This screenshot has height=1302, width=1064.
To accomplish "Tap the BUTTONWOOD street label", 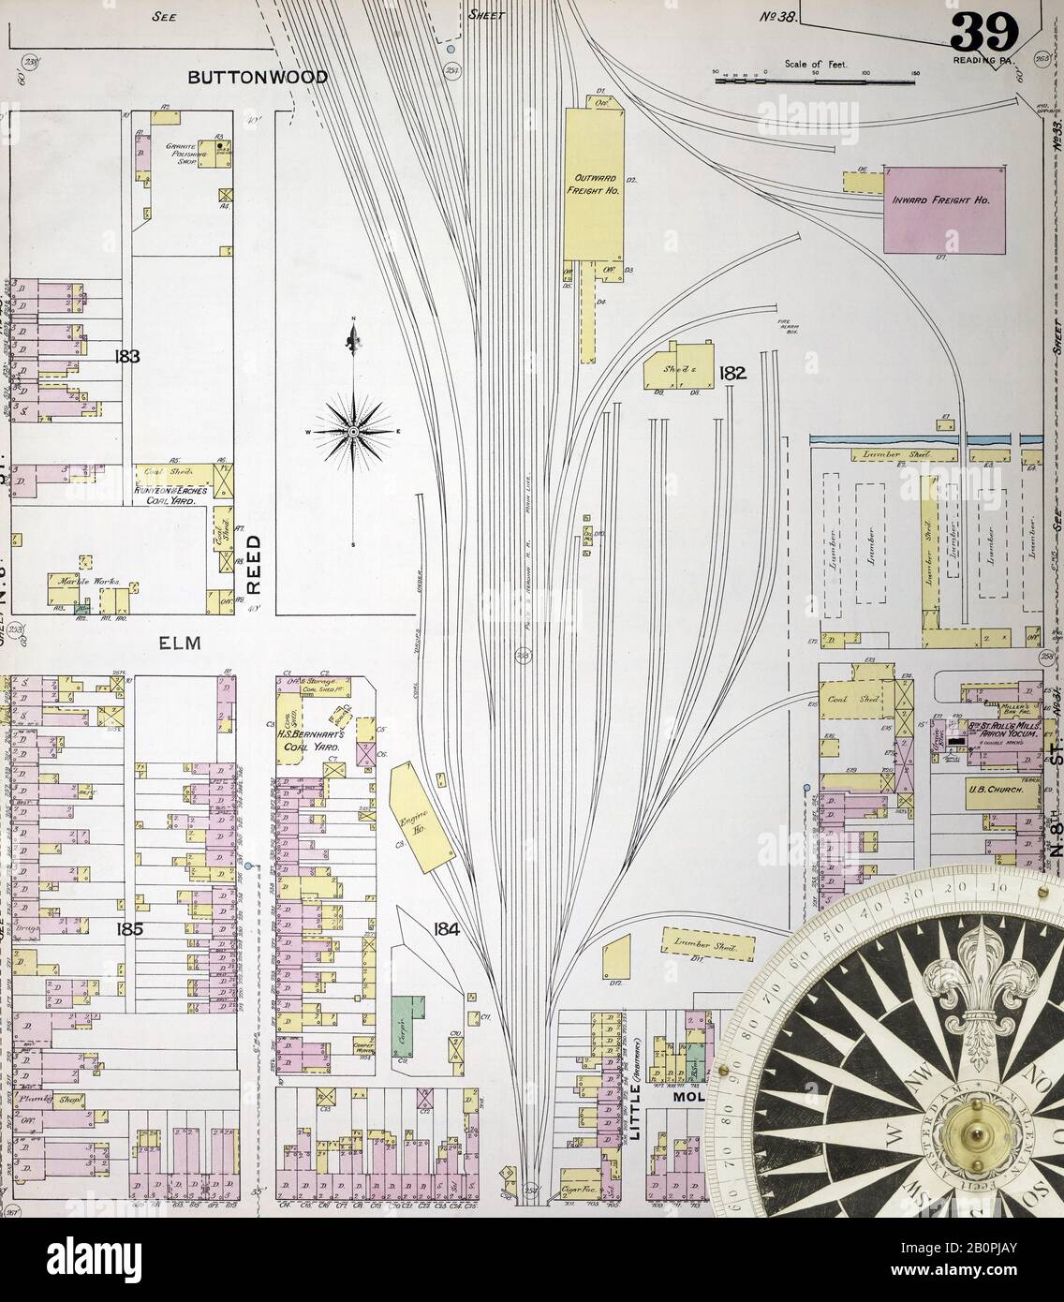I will pos(258,77).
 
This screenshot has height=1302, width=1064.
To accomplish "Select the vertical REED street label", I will pos(252,564).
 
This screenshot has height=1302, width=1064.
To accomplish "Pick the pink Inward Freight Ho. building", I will pos(945,209).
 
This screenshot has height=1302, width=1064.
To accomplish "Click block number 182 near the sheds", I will pos(731,374).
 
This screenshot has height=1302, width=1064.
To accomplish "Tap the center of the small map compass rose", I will pos(353,431).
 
